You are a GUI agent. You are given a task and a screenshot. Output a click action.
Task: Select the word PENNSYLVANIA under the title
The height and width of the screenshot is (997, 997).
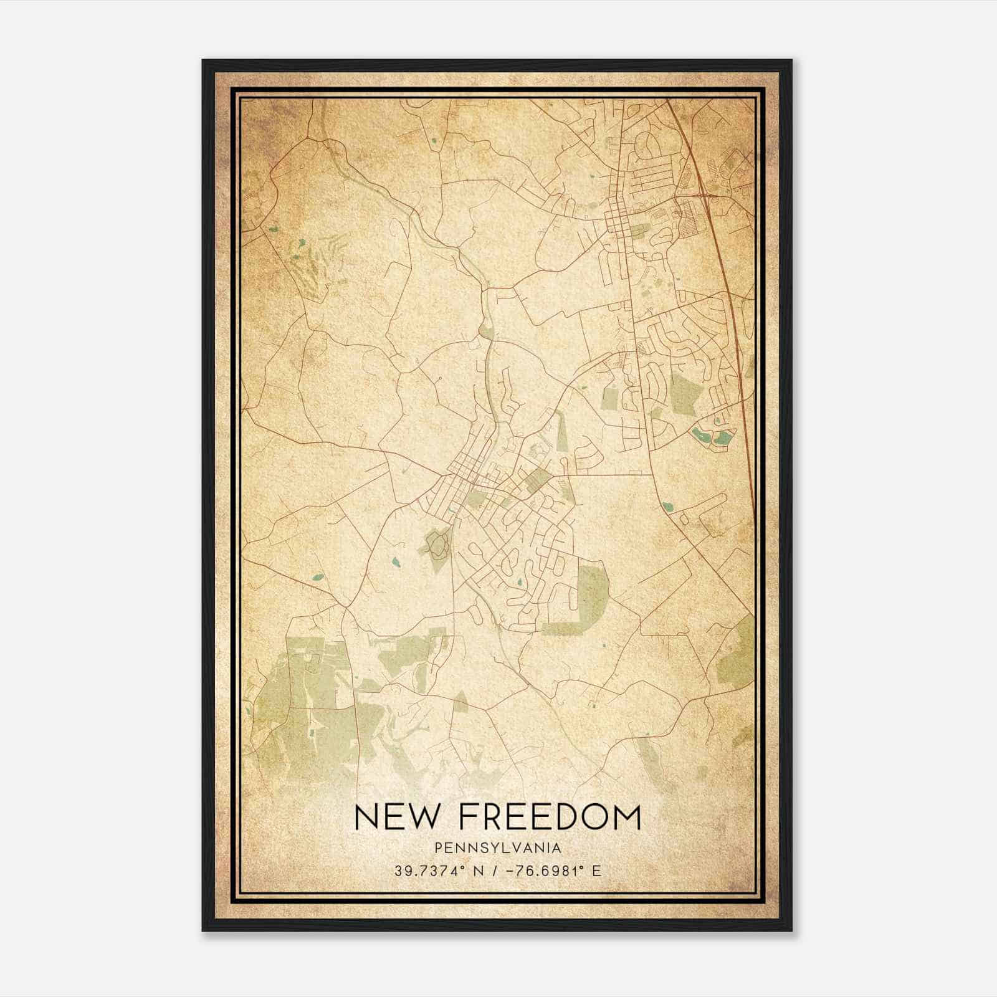pyautogui.click(x=498, y=848)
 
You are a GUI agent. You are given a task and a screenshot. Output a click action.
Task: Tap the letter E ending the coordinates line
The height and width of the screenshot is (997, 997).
pyautogui.click(x=597, y=871)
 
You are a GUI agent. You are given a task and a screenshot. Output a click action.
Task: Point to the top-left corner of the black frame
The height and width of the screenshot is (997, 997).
pyautogui.click(x=203, y=60)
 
